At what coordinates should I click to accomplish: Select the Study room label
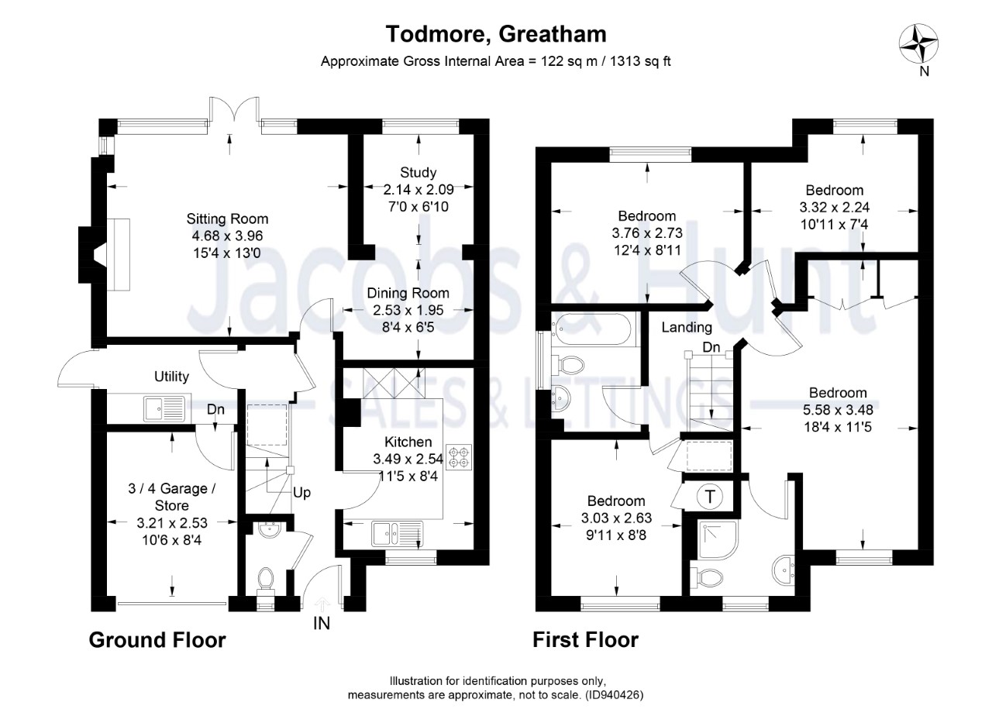click(x=418, y=172)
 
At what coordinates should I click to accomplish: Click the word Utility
click(x=171, y=377)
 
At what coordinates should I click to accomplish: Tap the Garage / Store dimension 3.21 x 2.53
click(x=172, y=522)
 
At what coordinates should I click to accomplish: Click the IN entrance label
click(x=322, y=622)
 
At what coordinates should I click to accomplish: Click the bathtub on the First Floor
click(x=593, y=330)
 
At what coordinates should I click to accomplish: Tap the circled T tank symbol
click(x=709, y=495)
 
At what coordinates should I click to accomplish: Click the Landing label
click(x=687, y=328)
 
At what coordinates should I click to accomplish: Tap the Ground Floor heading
click(x=157, y=640)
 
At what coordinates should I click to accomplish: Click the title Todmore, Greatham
click(x=496, y=34)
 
